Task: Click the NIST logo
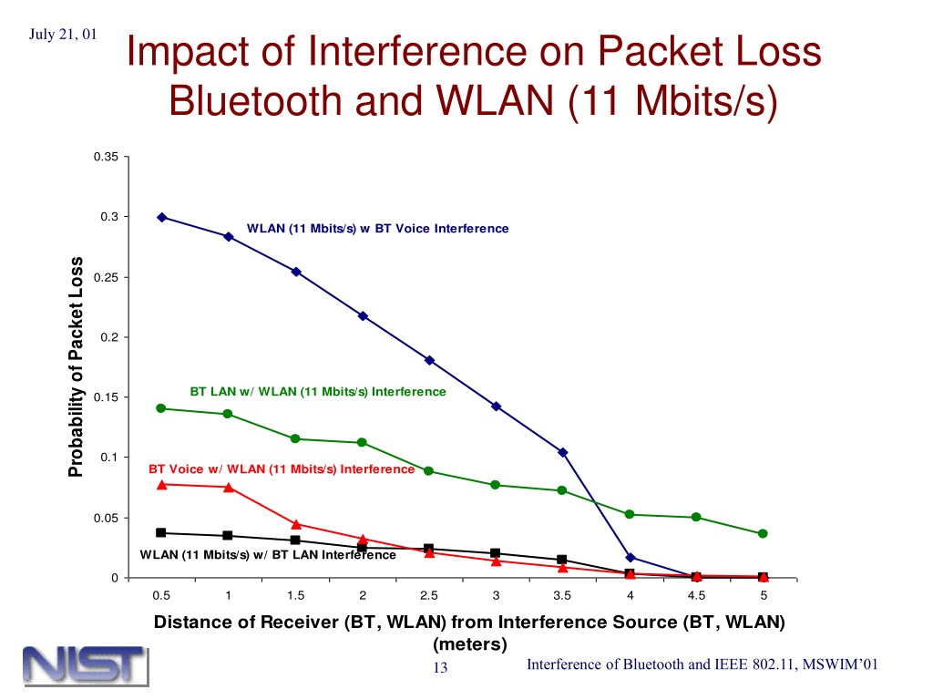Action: tap(86, 665)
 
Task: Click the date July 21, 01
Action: tap(63, 35)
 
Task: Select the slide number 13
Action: tap(440, 668)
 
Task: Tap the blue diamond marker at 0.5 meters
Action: tap(162, 217)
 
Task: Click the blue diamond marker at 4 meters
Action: tap(631, 558)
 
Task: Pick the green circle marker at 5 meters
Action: tap(763, 533)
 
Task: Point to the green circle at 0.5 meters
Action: tap(160, 408)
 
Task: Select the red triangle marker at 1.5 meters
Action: tap(296, 524)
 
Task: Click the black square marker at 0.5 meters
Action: tap(160, 532)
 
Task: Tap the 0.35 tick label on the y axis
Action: tap(106, 157)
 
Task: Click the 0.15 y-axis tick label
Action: tap(106, 397)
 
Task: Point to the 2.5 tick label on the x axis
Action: tap(429, 595)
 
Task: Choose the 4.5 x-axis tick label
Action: tap(696, 595)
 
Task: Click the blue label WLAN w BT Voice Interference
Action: tap(378, 229)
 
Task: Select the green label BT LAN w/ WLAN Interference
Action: tap(318, 392)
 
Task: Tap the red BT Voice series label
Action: tap(282, 469)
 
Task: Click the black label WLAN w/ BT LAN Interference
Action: tap(268, 555)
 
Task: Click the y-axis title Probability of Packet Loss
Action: tap(76, 366)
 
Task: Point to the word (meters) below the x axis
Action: tap(470, 644)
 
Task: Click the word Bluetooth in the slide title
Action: tap(257, 100)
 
